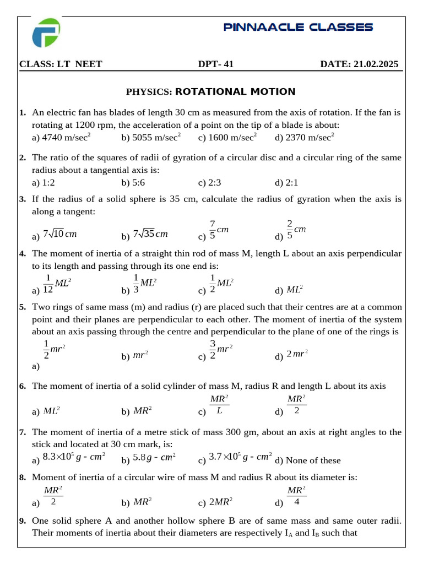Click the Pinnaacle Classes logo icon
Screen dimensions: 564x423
pos(46,32)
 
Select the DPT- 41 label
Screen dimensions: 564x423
pos(216,64)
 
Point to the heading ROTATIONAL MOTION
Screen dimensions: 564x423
pos(235,92)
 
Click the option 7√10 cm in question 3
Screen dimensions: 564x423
pos(59,234)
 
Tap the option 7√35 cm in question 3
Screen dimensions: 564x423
pos(150,234)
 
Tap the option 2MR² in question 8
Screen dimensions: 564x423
pos(221,502)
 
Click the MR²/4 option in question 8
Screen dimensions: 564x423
pos(296,496)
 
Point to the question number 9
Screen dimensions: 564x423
pos(22,520)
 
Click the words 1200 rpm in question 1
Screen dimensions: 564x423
pos(92,125)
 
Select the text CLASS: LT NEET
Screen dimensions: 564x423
pos(61,64)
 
